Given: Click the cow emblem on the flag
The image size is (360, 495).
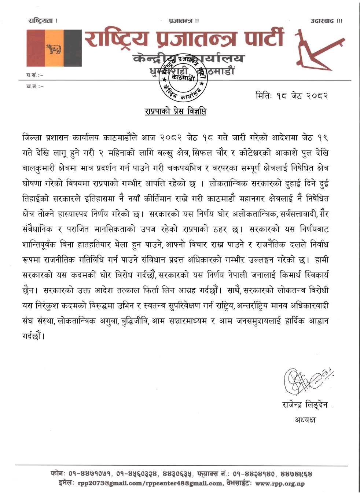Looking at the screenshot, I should coord(54,48).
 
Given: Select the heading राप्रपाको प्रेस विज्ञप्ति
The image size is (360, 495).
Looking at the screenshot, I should coord(175,111).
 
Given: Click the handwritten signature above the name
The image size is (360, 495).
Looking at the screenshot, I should coord(307,381).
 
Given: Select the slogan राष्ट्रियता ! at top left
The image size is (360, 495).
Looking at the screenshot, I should coord(43,21).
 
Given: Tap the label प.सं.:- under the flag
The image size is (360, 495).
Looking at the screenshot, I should coord(34,75).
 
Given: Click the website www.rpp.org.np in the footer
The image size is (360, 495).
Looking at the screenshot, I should coord(280,483).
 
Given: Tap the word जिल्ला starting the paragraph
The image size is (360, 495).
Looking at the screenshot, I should coord(32,137).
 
